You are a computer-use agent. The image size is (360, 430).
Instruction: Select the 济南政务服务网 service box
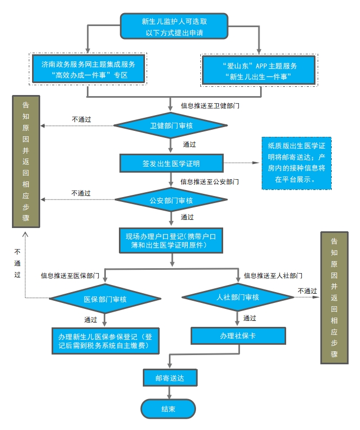coord(88,69)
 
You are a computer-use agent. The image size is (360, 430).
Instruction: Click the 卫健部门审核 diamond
coord(171,126)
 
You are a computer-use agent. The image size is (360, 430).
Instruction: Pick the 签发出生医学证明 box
coord(171,162)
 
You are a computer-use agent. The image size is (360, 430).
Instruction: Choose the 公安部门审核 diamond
coord(171,200)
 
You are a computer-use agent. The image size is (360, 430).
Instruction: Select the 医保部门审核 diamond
coord(105,299)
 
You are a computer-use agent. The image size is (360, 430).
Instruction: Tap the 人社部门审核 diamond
coord(237,297)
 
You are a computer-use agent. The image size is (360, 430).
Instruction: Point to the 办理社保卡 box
coord(238,336)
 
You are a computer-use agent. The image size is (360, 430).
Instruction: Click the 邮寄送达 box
coord(169,377)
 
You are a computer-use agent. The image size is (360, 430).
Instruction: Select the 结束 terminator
coord(168,409)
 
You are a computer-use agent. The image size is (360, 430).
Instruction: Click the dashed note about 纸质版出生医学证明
coord(296,162)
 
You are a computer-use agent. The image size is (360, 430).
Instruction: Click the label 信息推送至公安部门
coord(210,181)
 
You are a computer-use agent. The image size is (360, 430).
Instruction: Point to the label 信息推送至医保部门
coord(70,275)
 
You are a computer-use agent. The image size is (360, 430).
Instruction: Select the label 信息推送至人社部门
coord(273,275)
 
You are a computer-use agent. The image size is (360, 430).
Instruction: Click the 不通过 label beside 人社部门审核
coord(307,291)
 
